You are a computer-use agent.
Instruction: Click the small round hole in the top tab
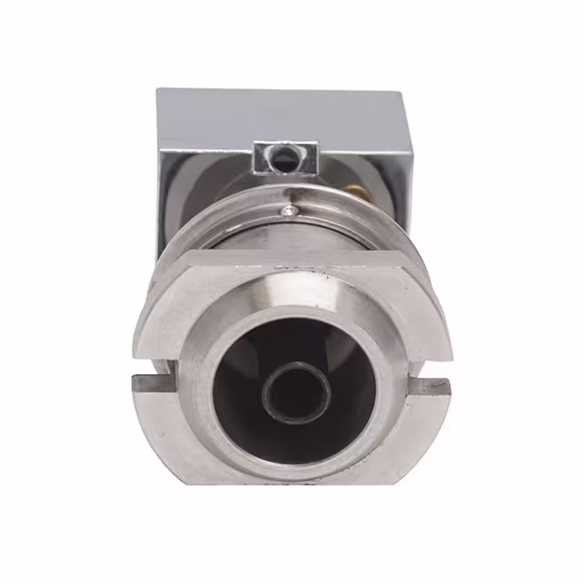click(286, 157)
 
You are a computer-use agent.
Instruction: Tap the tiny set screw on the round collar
click(291, 211)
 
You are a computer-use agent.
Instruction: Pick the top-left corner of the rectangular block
click(158, 89)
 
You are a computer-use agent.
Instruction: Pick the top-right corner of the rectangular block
click(412, 90)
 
